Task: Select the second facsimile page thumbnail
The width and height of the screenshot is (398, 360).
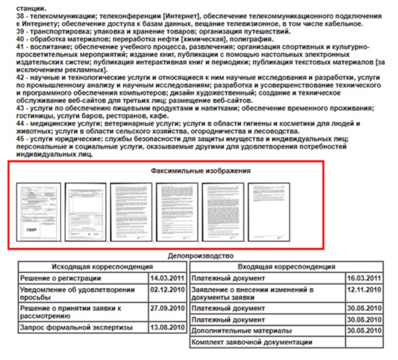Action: (x=85, y=212)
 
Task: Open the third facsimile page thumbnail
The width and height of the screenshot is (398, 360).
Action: (x=130, y=212)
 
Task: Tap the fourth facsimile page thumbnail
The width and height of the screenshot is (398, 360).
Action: (x=176, y=212)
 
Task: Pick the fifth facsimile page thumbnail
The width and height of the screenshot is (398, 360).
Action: (x=223, y=212)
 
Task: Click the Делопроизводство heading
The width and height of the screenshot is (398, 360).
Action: (x=200, y=256)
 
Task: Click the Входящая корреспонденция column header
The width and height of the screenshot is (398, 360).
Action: (x=286, y=266)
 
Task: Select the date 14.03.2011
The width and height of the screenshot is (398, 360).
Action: (x=167, y=278)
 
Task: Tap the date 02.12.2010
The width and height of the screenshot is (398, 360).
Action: (x=167, y=290)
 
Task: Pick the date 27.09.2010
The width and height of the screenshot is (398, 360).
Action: (x=167, y=307)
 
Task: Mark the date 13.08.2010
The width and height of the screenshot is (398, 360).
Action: (x=167, y=327)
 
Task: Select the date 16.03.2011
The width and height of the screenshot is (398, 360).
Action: (x=364, y=278)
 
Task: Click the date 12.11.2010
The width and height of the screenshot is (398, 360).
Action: (x=364, y=290)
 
